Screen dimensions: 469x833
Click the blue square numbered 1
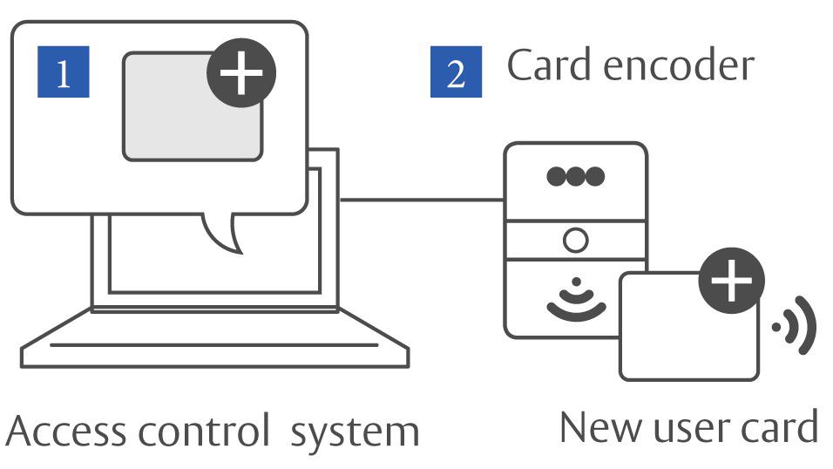point(63,72)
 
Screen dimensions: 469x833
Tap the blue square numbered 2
point(456,72)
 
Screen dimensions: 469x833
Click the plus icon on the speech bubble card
point(240,73)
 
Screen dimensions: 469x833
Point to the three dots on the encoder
point(575,176)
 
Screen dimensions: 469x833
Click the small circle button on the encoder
point(575,239)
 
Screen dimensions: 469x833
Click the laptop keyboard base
point(214,345)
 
